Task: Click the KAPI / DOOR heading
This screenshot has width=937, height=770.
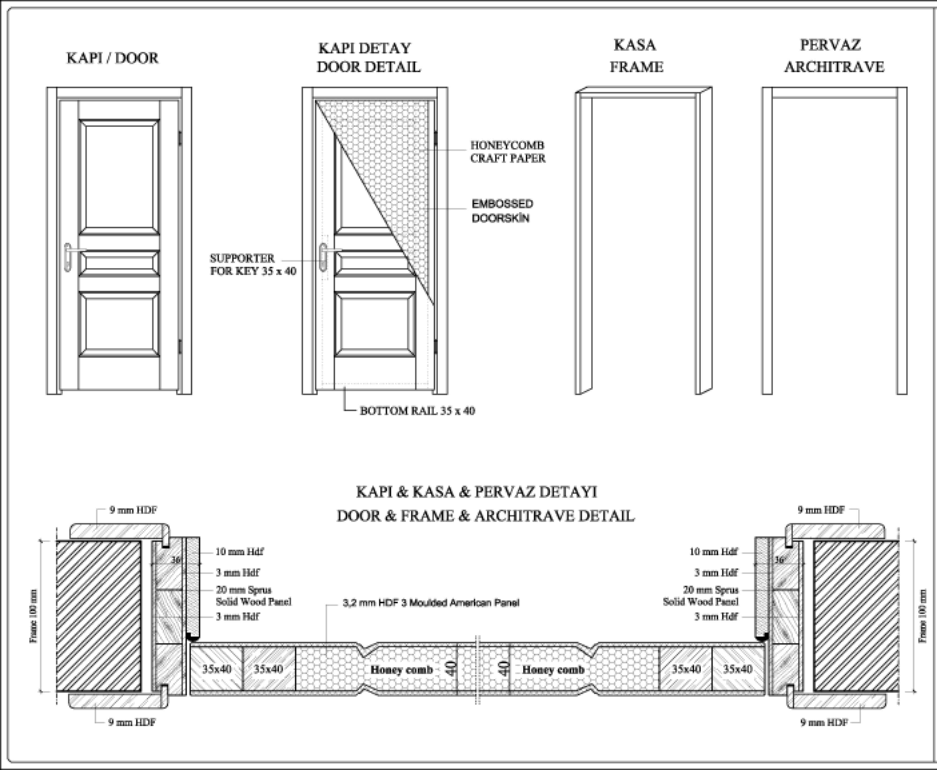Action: point(112,58)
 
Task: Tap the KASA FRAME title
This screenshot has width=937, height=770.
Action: point(636,56)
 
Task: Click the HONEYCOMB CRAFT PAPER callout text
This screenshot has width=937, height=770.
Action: point(508,152)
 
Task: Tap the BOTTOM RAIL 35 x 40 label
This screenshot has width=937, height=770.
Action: point(417,411)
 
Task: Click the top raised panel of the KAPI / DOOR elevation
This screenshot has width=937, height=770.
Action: point(119,177)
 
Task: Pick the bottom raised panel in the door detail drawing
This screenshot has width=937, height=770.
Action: point(375,324)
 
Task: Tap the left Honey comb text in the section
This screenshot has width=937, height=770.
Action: point(402,670)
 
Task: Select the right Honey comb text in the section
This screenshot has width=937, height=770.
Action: point(553,670)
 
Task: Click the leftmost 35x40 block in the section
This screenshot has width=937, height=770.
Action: point(216,669)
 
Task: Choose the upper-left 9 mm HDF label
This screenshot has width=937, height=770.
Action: point(133,510)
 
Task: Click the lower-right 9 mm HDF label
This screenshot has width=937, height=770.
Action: point(824,723)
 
